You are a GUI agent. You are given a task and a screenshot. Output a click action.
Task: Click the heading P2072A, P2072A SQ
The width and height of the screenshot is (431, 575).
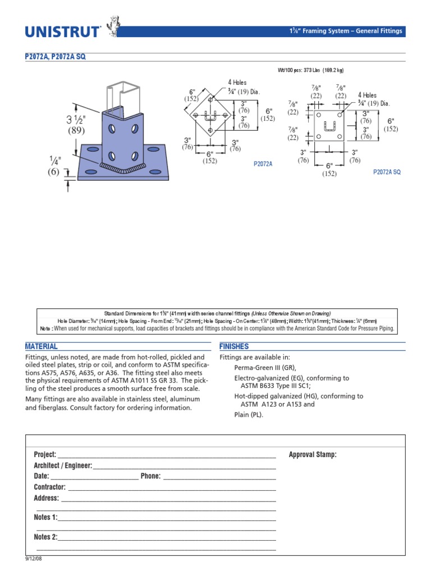pos(56,57)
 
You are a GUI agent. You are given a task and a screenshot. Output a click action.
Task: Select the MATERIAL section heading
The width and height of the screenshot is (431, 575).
pos(42,346)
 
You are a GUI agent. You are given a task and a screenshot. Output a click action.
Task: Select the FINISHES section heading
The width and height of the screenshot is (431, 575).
pos(234,346)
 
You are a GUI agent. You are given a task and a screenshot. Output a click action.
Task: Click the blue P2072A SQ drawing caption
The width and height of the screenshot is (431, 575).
pos(387,172)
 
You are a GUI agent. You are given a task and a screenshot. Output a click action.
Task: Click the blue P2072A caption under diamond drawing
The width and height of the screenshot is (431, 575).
pos(263,164)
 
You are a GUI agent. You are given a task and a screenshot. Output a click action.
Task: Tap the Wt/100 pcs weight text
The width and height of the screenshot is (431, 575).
pos(310,70)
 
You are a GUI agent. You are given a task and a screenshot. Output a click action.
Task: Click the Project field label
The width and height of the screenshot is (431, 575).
pos(45,454)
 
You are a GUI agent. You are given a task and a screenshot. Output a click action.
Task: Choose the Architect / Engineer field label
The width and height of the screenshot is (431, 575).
pos(63,466)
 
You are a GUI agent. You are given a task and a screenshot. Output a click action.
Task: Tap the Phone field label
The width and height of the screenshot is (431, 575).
pos(150,476)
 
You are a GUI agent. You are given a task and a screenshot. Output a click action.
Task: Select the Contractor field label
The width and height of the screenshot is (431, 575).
pos(49,487)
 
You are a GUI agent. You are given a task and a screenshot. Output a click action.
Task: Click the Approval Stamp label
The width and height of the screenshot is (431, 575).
pos(313,454)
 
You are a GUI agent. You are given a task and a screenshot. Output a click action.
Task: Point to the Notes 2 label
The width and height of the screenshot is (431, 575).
pos(45,537)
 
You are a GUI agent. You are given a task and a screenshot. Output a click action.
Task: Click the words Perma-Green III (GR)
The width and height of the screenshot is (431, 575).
pos(264,368)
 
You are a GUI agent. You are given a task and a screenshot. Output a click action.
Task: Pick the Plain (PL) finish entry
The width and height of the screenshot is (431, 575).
pos(248,415)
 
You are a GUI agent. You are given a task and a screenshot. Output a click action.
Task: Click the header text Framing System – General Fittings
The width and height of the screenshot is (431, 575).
pos(352,31)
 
